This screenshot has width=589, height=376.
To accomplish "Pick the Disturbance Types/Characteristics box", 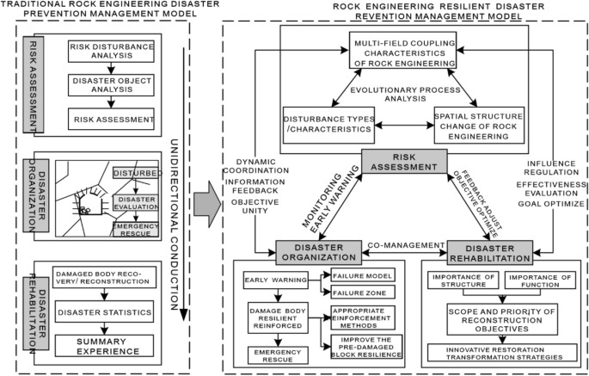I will (x=329, y=125).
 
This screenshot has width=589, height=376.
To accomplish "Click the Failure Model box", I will (x=359, y=276).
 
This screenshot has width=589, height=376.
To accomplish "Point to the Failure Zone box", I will (x=359, y=293).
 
